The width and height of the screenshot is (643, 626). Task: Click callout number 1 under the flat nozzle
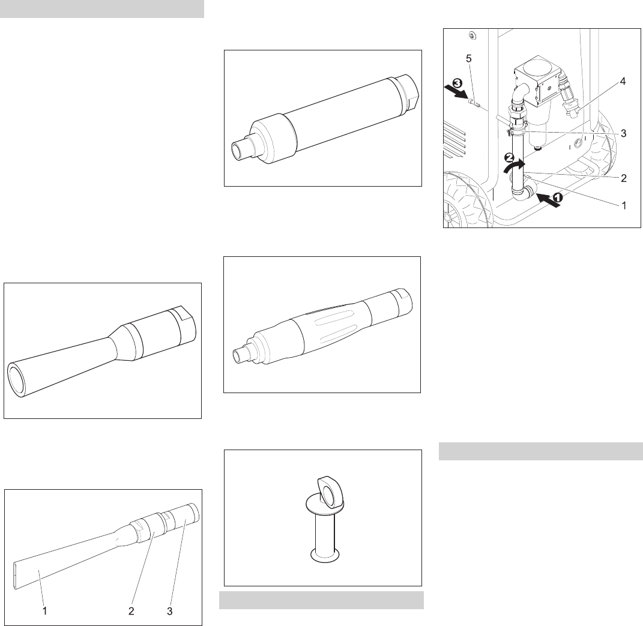click(x=44, y=611)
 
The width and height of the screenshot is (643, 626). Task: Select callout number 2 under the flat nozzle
click(x=131, y=611)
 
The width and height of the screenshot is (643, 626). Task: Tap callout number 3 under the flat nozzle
click(x=169, y=611)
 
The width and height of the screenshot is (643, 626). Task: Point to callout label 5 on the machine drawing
click(x=469, y=59)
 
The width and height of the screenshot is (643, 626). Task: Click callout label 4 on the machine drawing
click(x=623, y=82)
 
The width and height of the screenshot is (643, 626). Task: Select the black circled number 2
click(x=509, y=157)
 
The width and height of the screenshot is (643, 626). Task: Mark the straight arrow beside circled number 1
click(x=548, y=201)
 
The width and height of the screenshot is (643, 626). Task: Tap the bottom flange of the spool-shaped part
click(x=325, y=554)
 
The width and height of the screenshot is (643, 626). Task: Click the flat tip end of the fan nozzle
click(x=16, y=576)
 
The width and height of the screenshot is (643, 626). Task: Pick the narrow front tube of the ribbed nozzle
click(x=240, y=354)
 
